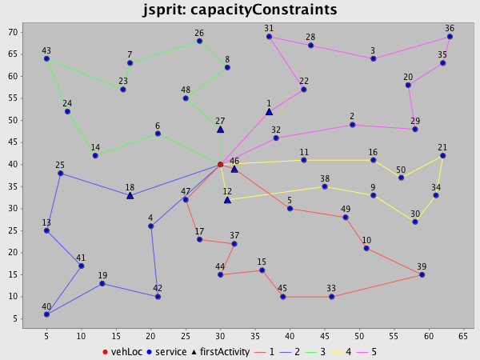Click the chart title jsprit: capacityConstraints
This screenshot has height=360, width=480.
[240, 10]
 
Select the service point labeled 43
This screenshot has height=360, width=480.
[46, 58]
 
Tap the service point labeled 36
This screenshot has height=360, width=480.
[450, 37]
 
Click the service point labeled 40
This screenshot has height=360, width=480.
[46, 314]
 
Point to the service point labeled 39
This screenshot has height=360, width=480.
[422, 274]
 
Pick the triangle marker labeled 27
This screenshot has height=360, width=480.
[220, 129]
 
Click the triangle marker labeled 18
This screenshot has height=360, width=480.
[130, 195]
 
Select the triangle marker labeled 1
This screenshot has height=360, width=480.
[269, 111]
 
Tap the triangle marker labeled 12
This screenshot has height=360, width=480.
[227, 199]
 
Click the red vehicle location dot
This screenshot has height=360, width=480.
[220, 164]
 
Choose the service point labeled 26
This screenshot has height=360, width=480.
[199, 41]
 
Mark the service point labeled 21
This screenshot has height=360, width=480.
[442, 155]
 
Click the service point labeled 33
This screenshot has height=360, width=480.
[331, 297]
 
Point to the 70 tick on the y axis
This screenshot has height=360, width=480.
[14, 33]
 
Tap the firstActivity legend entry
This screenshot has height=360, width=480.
[222, 351]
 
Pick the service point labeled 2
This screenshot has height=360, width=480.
[352, 125]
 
